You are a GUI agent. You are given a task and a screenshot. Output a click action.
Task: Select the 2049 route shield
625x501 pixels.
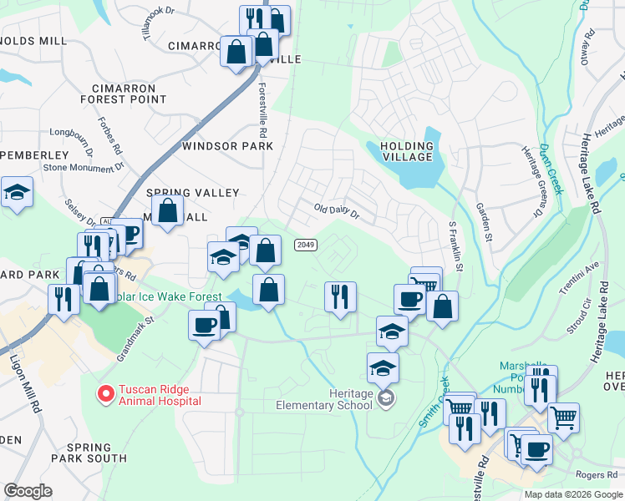304,244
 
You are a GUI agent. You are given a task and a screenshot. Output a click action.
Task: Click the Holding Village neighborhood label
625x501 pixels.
407,151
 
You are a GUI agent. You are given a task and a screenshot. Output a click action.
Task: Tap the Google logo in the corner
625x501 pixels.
28,490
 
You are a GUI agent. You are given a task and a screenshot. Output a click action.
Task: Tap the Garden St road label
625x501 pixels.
482,222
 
